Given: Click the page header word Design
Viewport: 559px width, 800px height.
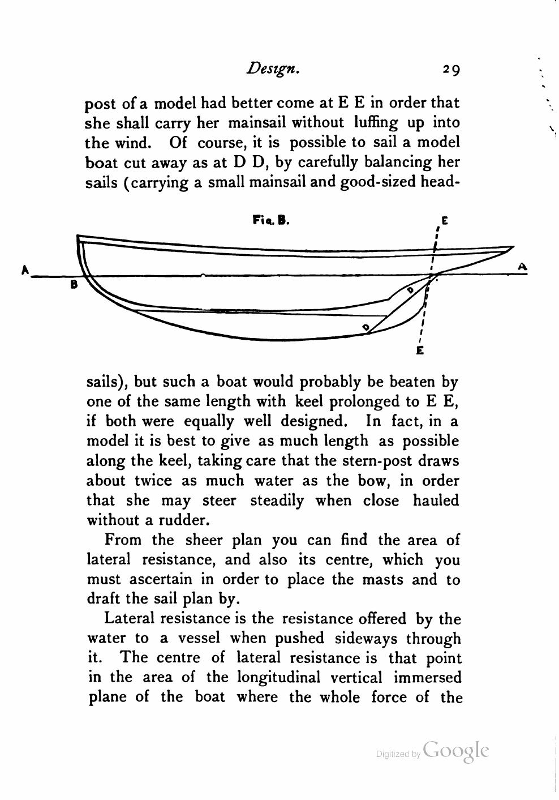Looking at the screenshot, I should pos(272,69).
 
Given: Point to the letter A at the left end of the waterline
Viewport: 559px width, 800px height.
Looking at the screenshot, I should pos(25,270).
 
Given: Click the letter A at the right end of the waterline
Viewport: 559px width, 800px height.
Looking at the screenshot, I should pos(522,266).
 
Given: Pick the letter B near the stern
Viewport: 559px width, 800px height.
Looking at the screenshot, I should pos(74,285).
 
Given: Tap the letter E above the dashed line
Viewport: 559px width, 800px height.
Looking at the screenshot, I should pos(444,221).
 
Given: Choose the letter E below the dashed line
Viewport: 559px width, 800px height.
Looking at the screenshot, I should pos(420,350).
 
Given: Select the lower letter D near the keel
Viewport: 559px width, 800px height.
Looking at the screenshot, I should pos(366,327).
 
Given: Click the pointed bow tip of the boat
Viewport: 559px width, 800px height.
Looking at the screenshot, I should pos(513,247).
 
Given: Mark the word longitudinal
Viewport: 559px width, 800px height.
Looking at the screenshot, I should pos(278,678).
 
